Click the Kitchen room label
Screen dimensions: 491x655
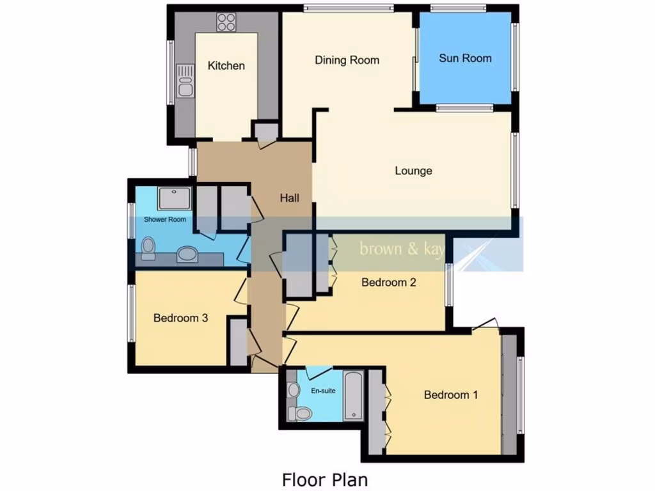coord(226,66)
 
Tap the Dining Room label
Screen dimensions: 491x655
coord(347,60)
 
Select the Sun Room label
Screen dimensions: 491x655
coord(465,58)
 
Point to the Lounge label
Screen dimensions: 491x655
coord(413,171)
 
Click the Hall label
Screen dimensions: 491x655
coord(289,198)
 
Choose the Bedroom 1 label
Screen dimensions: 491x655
coord(450,394)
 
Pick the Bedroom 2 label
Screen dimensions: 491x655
coord(389,282)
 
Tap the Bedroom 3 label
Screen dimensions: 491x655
coord(180,318)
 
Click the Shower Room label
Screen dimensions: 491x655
coord(165,219)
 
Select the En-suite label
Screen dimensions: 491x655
coord(323,391)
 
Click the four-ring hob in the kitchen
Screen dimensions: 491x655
coord(226,22)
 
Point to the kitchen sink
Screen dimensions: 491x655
coord(185,80)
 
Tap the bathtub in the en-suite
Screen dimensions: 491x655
coord(354,395)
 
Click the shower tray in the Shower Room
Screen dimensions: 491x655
coord(173,199)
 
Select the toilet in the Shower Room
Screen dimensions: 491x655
coord(148,248)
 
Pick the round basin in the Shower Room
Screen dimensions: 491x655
coord(187,255)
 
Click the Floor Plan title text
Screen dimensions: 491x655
coord(325,479)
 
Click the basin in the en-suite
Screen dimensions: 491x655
coord(294,389)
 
